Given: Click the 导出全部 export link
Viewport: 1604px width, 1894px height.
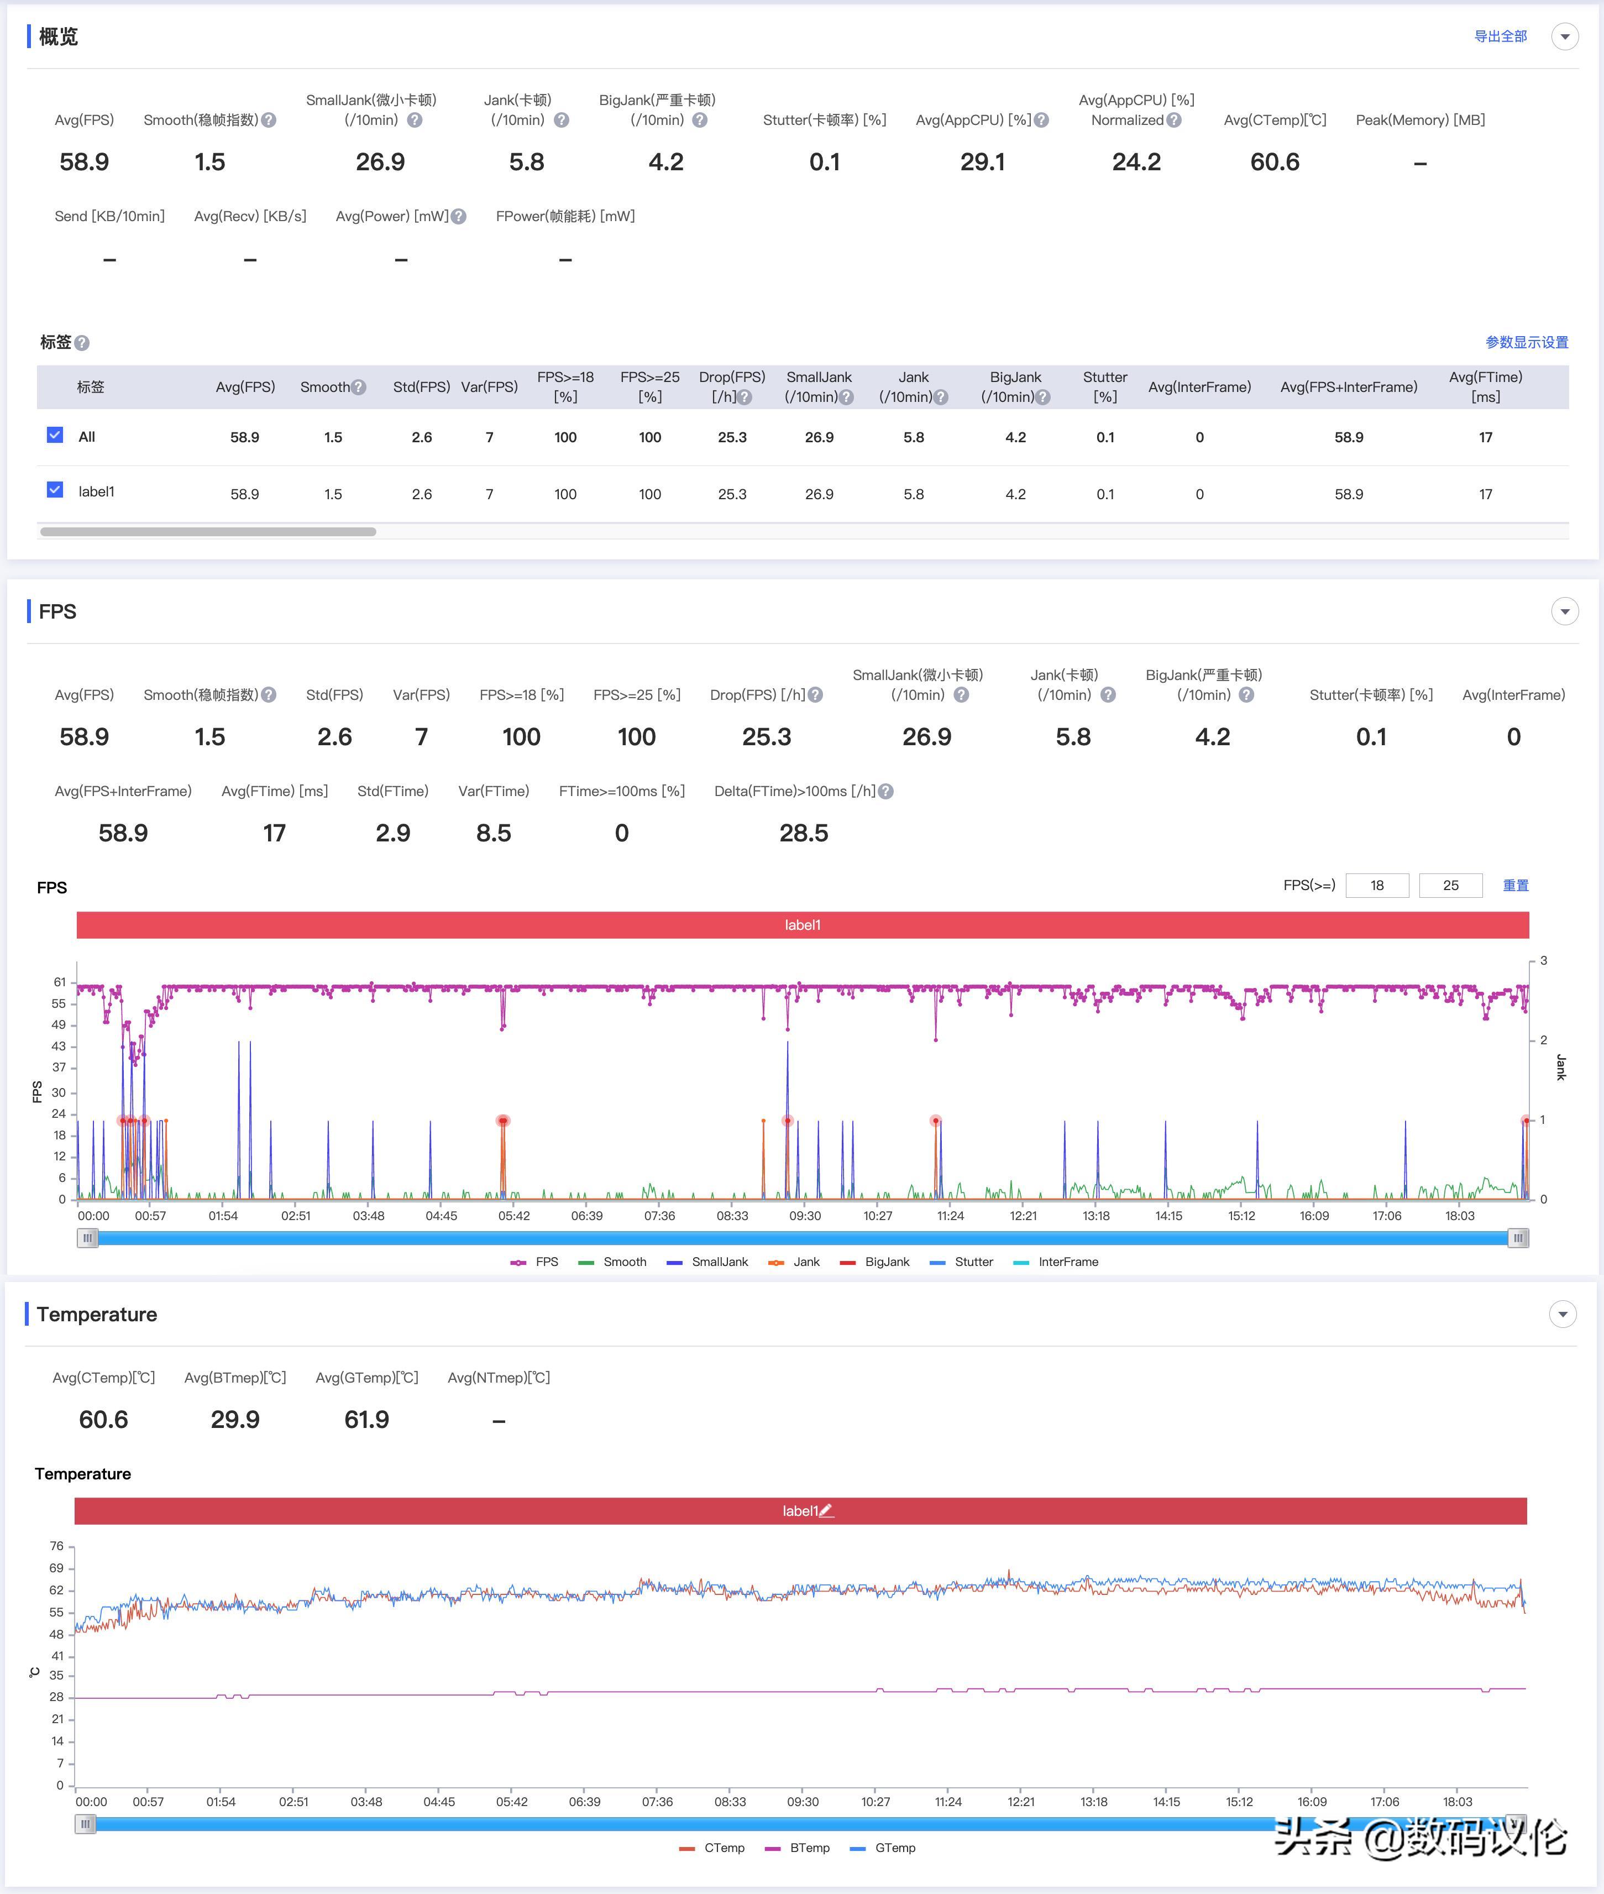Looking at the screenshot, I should point(1500,36).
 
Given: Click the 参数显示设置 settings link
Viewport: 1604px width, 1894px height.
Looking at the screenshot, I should point(1526,342).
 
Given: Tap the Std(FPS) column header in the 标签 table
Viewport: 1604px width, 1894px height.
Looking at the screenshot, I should point(421,386).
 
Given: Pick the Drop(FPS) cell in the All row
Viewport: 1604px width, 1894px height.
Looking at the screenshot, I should point(732,437).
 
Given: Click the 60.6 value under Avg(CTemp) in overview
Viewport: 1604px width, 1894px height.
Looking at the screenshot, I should point(1274,162).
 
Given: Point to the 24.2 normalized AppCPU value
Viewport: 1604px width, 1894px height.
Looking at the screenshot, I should point(1136,162).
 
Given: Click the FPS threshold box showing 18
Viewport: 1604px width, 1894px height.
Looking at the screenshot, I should point(1377,885).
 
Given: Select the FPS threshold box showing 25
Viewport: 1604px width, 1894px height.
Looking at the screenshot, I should point(1450,885).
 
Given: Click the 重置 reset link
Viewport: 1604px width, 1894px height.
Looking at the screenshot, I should point(1515,885).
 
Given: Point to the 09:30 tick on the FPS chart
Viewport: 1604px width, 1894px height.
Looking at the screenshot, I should point(805,1216).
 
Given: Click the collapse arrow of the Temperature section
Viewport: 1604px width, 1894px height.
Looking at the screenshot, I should point(1562,1314).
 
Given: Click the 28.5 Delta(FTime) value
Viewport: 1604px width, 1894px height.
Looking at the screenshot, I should point(803,833).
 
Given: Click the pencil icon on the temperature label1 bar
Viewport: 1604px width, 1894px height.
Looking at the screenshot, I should point(826,1511).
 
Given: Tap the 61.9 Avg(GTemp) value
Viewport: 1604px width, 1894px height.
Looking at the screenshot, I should point(366,1419).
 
